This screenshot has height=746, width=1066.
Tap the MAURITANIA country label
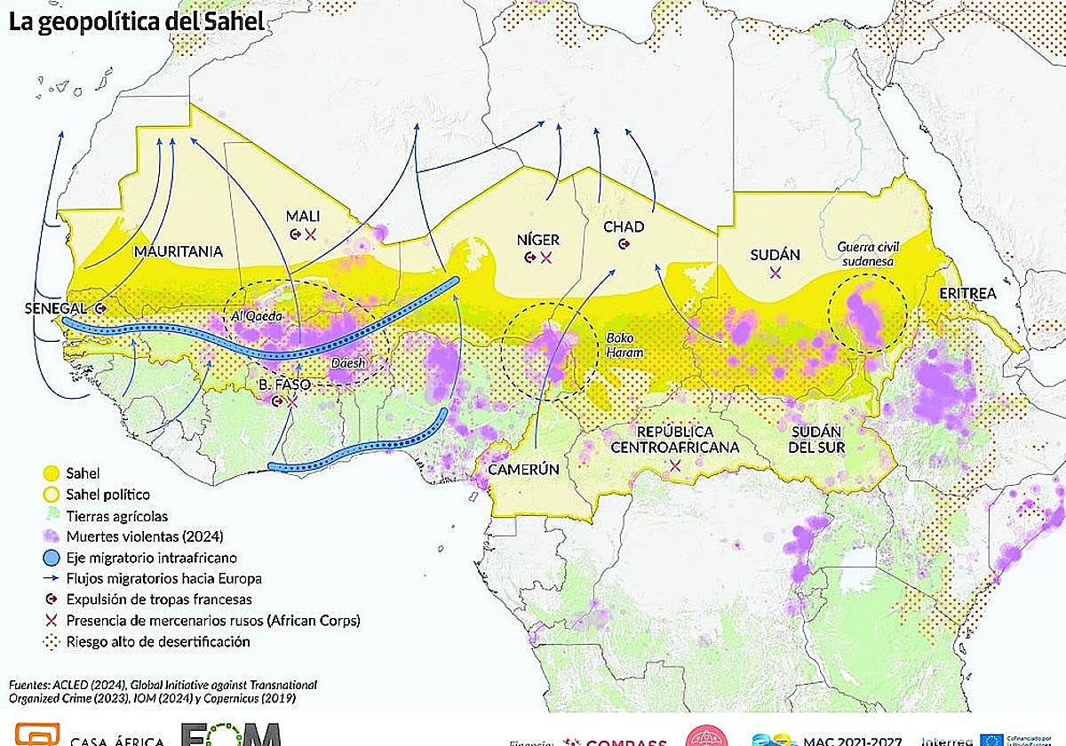tap(178, 251)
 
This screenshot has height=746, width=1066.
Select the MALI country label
tap(302, 216)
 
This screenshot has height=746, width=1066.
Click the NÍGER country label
tap(537, 239)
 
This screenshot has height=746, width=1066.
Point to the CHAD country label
tap(624, 227)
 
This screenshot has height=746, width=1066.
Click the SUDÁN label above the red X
tap(775, 255)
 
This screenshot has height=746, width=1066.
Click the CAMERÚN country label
tap(523, 470)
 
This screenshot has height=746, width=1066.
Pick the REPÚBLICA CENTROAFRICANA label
tap(674, 440)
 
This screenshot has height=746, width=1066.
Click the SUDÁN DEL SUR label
tap(816, 440)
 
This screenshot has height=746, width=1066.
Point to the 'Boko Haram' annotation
tap(624, 345)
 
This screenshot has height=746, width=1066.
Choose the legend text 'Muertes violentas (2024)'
tap(144, 536)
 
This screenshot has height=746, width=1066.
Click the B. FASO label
tap(282, 384)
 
